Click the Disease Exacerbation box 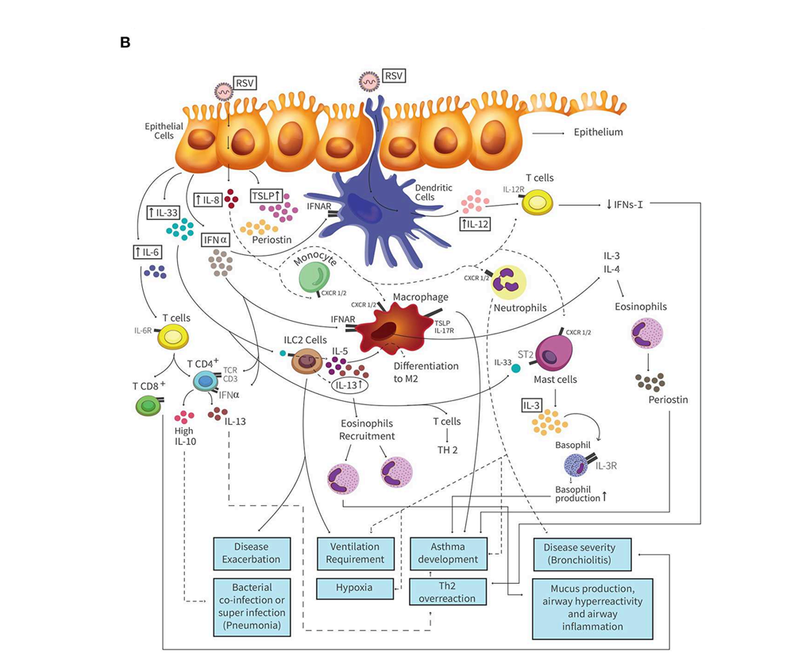pos(252,553)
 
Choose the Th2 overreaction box pos(448,592)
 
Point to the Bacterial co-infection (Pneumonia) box pos(252,607)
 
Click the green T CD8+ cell pos(150,407)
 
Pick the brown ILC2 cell pos(306,362)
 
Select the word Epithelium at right pos(597,133)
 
